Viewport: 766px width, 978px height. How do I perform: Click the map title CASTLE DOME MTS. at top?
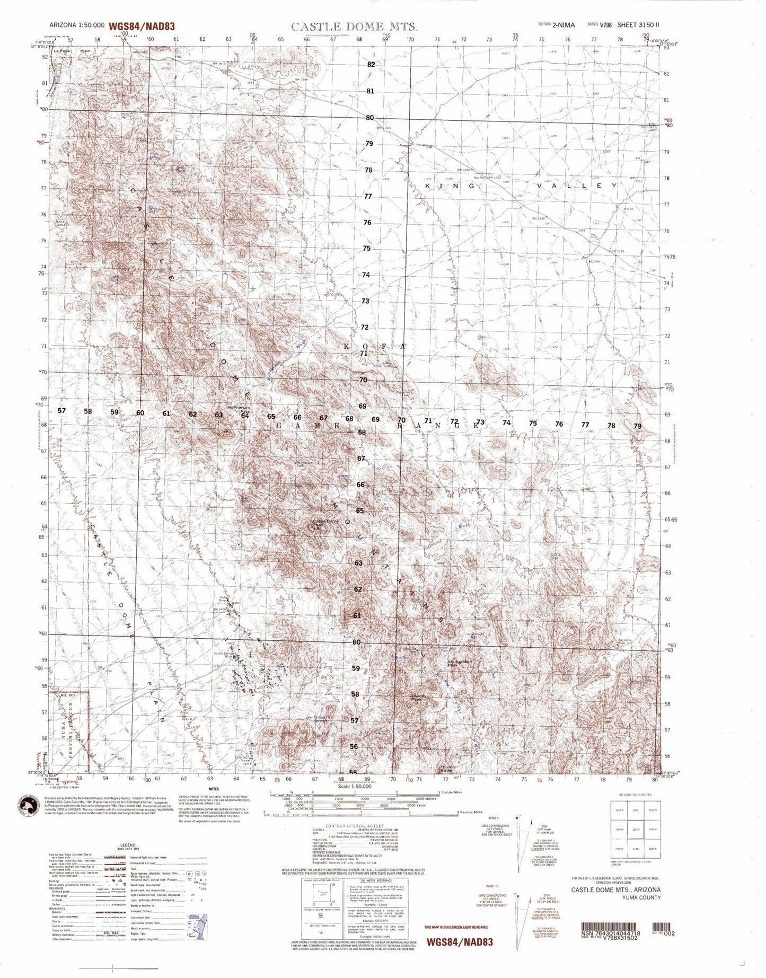tap(354, 27)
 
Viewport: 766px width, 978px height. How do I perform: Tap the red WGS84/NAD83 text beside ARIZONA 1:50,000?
tap(142, 26)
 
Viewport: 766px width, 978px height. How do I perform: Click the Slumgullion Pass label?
tap(460, 663)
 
